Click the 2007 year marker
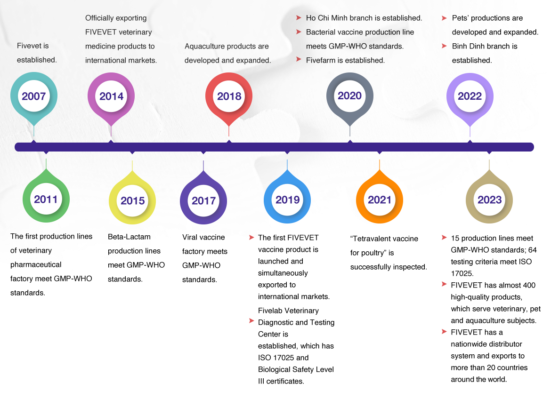point(34,96)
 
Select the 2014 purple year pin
point(111,96)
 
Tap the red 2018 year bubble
point(229,96)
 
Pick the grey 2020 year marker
point(349,96)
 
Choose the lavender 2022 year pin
point(470,96)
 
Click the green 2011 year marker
point(46,199)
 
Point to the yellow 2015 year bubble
point(132,201)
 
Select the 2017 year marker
point(203,201)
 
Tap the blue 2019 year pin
point(287,199)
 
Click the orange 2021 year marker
point(379,199)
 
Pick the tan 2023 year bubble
point(489,200)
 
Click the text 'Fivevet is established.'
point(37,53)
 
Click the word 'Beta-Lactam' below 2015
point(129,237)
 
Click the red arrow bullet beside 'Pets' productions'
point(444,18)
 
